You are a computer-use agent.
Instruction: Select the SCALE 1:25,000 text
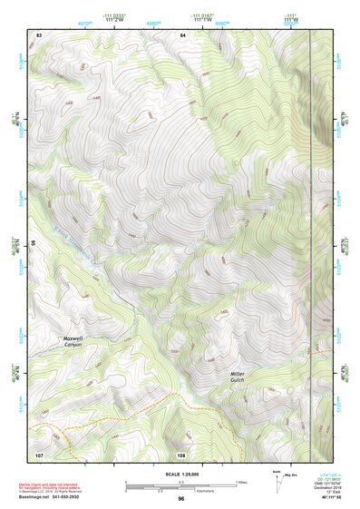pos(180,474)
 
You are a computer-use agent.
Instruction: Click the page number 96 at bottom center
pos(181,499)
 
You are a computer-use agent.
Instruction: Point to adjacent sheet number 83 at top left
pos(39,34)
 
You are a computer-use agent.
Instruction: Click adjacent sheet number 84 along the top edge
pos(182,34)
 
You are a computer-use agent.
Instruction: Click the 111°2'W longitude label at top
pos(114,20)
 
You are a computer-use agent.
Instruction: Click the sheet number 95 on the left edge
pos(34,243)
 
